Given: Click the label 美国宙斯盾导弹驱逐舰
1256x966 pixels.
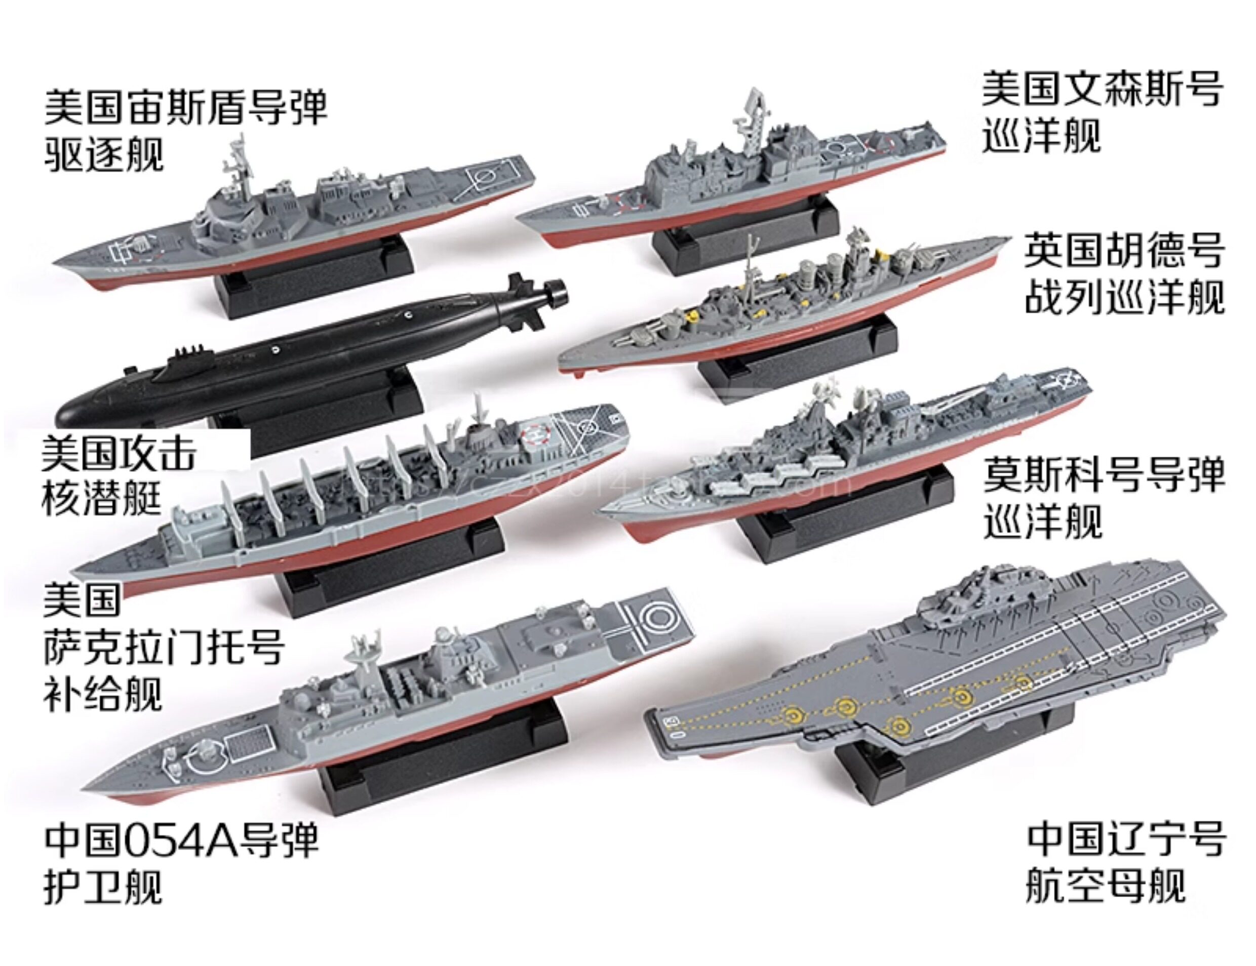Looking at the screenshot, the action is click(x=185, y=130).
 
